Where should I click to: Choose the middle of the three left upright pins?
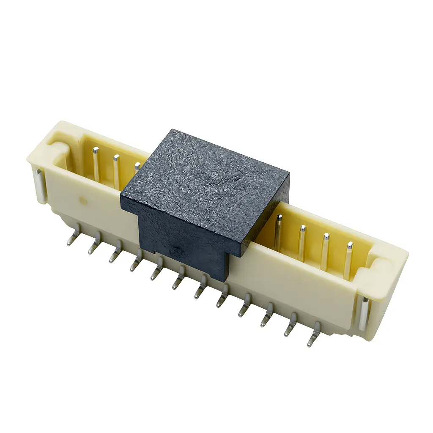116,171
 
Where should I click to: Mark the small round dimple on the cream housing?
84,201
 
